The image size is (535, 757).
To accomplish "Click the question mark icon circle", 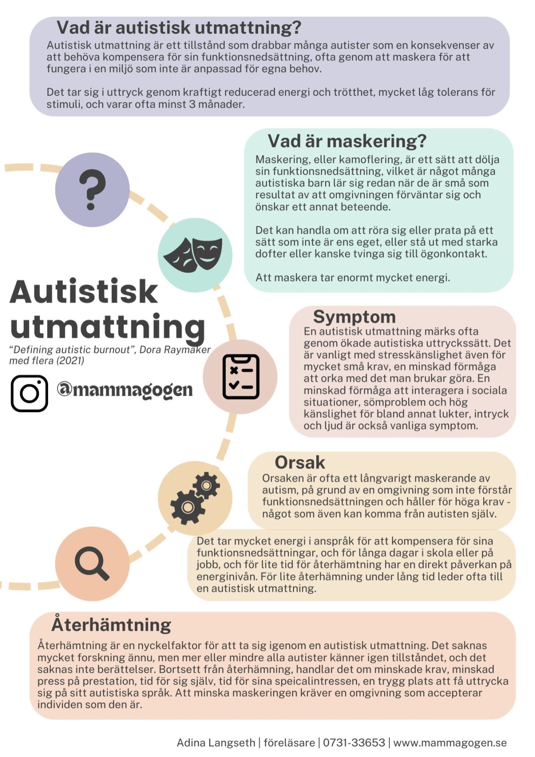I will pos(92,189).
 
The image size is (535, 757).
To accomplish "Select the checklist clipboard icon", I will pos(241,376).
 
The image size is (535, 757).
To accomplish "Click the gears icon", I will pos(195,498).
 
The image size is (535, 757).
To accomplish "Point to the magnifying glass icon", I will pos(92,563).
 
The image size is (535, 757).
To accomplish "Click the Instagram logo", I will pos(29,393).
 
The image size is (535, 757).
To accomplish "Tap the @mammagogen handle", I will pos(125,390).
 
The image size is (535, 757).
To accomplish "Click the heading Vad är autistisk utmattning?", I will pos(179,28).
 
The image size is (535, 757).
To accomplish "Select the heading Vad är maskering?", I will pos(347,141).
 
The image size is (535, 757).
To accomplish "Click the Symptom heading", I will pos(354,317).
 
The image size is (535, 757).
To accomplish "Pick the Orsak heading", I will pos(299,463).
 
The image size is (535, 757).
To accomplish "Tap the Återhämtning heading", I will pos(111,625).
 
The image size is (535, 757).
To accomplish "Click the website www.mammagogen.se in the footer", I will pos(450,743).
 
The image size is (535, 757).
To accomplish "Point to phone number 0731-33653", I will pos(354,743).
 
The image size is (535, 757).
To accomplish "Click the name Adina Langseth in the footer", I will pos(216,743).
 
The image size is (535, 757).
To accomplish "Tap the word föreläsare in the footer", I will pos(289,743).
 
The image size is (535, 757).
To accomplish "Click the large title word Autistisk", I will pos(84,292).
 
